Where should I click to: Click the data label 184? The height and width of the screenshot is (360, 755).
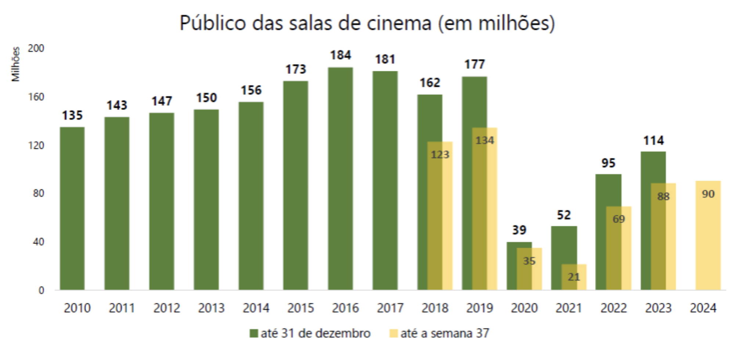coord(340,55)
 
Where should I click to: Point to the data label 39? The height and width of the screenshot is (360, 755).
coord(519,230)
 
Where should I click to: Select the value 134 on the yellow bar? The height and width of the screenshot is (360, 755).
coord(485,140)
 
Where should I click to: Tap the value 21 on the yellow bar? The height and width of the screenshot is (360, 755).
coord(574,277)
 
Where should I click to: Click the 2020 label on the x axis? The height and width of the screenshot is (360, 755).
coord(524,308)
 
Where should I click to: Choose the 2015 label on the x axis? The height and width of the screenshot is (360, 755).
coord(300,308)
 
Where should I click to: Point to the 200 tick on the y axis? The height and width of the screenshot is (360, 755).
coord(36,48)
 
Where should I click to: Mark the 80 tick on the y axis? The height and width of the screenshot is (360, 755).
coord(38,193)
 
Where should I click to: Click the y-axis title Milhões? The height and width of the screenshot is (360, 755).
coord(15,64)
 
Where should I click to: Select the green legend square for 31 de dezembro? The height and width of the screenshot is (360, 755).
coord(253,334)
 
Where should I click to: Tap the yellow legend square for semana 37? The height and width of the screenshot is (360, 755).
coord(393,334)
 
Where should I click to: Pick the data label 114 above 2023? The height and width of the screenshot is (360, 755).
coord(653,140)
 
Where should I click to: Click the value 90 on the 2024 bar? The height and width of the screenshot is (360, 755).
coord(708,194)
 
